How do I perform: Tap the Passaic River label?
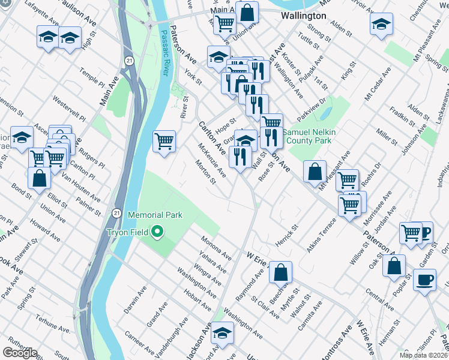[x=163, y=49]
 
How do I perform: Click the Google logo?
[x=20, y=352]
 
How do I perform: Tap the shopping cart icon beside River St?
[x=164, y=141]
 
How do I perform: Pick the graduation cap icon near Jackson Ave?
[x=223, y=332]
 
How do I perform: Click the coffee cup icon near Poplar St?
[x=425, y=280]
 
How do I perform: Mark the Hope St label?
[x=223, y=127]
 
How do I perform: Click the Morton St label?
[x=206, y=173]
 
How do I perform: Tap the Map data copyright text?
[x=423, y=355]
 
